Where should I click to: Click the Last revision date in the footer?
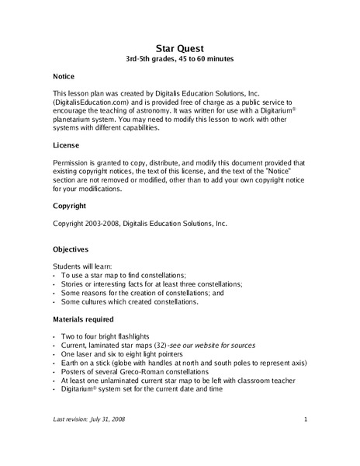click(92, 419)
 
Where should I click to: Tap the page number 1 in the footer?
click(306, 419)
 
